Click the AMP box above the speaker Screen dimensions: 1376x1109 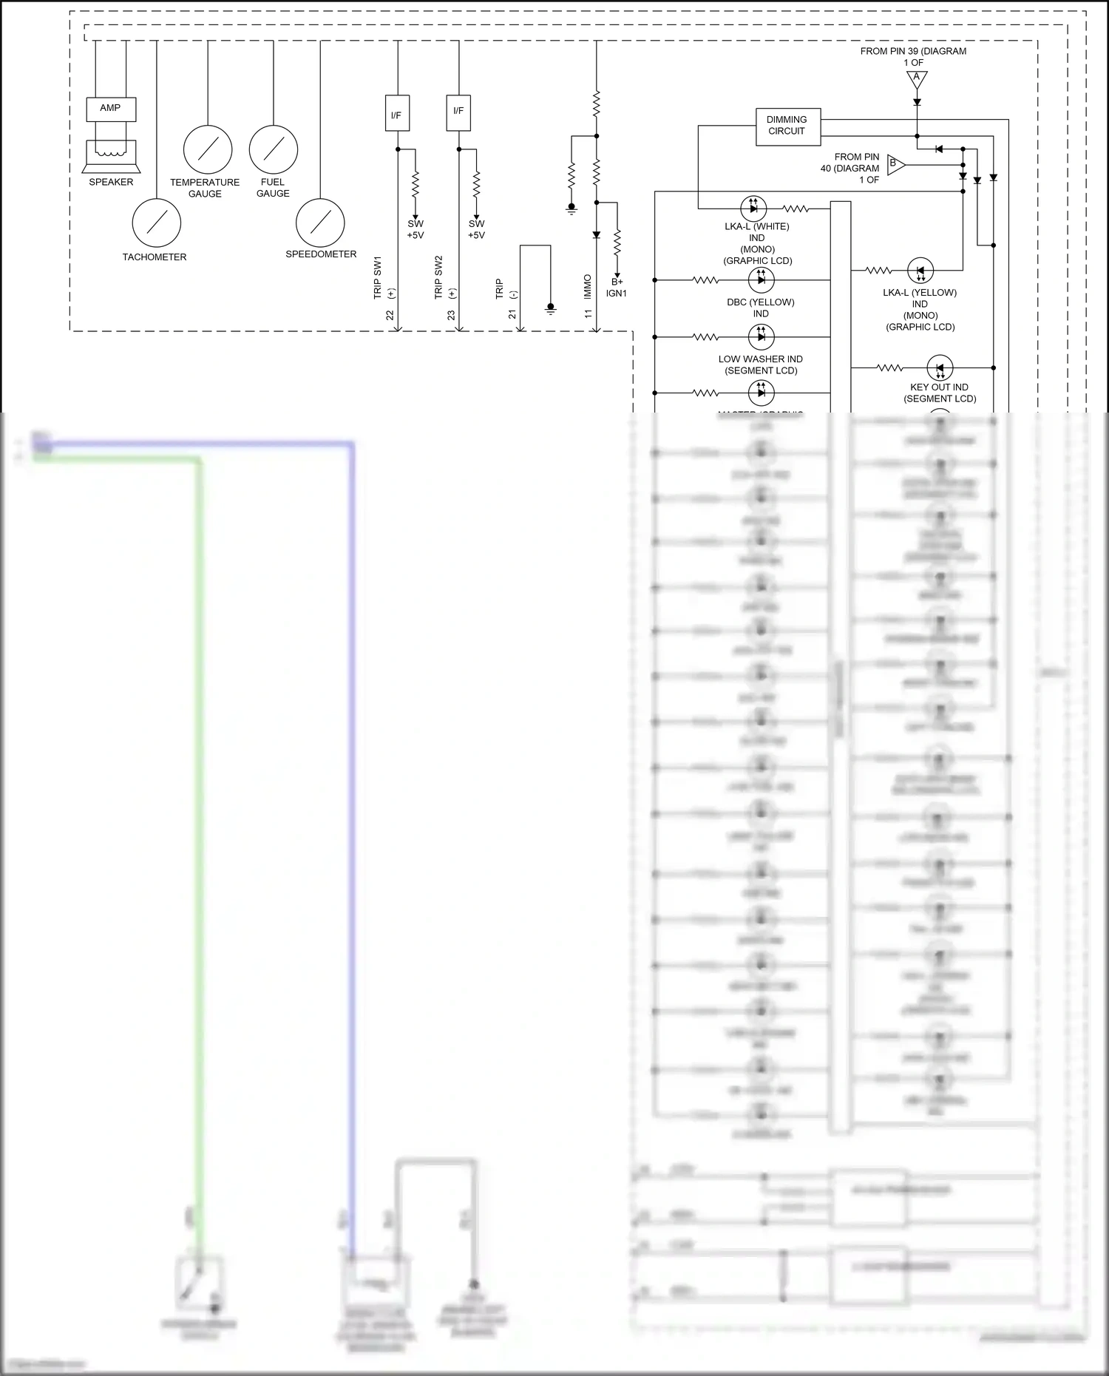tap(111, 109)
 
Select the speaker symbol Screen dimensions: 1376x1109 tap(111, 156)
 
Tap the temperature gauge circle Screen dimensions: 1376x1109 tap(208, 149)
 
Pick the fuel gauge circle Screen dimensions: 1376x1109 tap(274, 149)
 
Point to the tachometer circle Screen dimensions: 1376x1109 tap(157, 223)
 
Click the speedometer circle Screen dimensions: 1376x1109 tap(320, 223)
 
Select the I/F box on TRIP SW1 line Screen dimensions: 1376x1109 tap(397, 113)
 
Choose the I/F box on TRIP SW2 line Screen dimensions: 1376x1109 tap(458, 112)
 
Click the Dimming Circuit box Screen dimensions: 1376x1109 tap(787, 126)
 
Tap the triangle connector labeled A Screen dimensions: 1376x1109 tap(917, 78)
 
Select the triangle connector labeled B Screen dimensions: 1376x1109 tap(895, 164)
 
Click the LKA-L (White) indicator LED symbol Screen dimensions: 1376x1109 tap(753, 209)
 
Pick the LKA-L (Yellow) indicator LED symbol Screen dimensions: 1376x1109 tap(920, 271)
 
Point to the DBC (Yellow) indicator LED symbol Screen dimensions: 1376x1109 tap(761, 279)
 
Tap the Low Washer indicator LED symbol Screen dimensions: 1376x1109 tap(761, 336)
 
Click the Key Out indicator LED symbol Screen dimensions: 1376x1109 tap(940, 367)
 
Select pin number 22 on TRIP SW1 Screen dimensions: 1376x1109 tap(390, 316)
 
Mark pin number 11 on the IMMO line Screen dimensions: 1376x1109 tap(589, 314)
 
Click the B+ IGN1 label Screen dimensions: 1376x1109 tap(617, 288)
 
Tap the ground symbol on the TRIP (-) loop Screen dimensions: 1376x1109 tap(551, 308)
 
